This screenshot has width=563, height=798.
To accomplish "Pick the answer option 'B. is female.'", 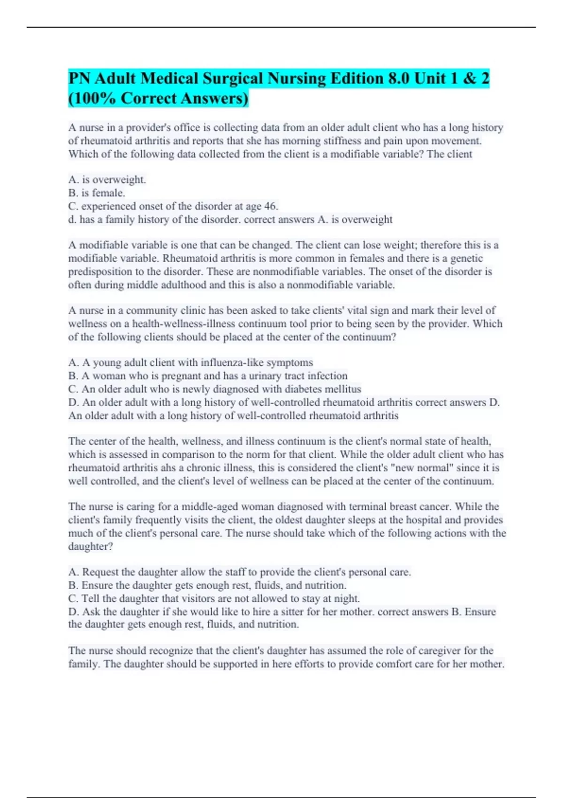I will point(97,193).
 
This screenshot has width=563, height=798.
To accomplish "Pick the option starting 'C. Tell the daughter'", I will point(214,598).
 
